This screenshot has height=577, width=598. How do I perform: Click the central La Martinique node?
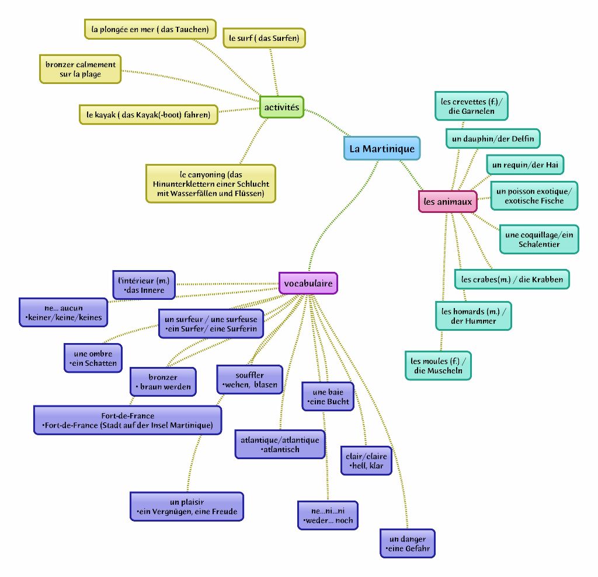coord(382,148)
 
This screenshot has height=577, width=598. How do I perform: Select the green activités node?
coord(281,107)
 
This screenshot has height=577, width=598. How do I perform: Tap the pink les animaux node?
coord(447,202)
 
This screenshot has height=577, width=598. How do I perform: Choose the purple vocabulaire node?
coord(308,284)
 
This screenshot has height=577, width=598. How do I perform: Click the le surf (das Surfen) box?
coord(264,39)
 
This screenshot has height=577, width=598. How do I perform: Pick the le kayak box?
coord(148,115)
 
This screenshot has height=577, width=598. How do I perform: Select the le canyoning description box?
coord(211,184)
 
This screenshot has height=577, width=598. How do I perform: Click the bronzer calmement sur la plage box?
coord(81,69)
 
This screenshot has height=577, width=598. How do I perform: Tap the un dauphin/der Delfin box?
coord(493,139)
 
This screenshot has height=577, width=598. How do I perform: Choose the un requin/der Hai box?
coord(525,165)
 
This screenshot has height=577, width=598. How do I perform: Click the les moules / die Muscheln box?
coord(438,366)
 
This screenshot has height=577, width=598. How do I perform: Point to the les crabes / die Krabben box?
coord(512,279)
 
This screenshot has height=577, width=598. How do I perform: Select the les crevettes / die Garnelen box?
coord(471,106)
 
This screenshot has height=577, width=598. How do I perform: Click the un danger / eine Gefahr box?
coord(408,544)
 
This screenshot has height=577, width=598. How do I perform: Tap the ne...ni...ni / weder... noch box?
coord(328,515)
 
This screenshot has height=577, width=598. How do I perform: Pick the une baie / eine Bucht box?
coord(328,397)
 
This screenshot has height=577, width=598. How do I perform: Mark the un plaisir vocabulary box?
coord(187,506)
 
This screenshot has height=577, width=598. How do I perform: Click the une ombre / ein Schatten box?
coord(93,358)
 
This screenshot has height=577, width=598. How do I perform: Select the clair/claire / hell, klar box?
coord(366,461)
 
